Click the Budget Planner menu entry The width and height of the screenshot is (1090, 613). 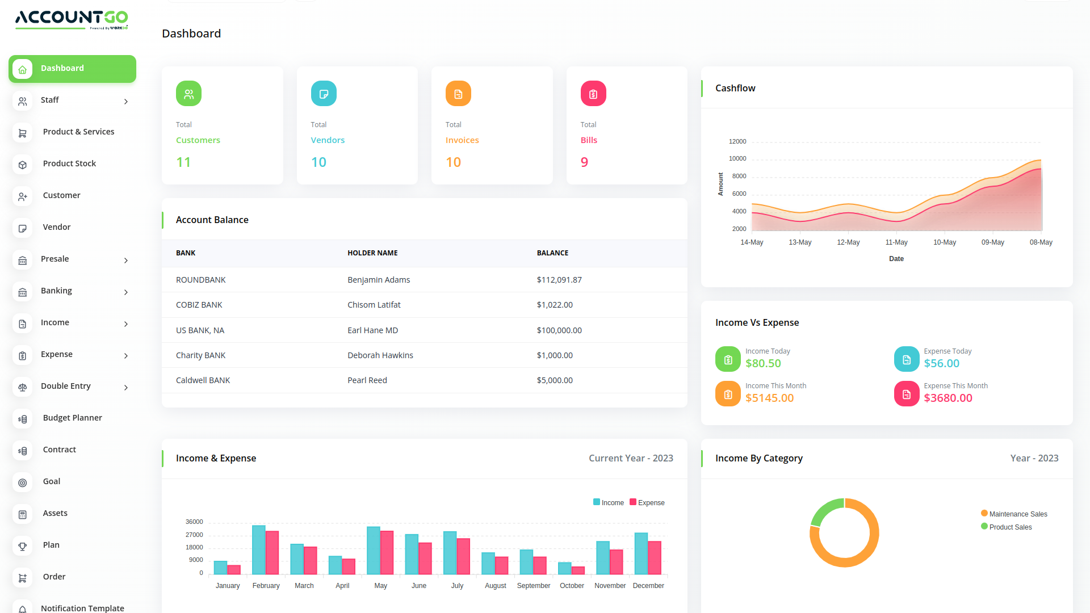[x=72, y=418]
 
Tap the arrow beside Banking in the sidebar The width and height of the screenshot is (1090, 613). [x=126, y=292]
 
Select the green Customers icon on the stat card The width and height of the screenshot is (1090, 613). [x=188, y=94]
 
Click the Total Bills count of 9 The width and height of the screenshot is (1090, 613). [x=584, y=162]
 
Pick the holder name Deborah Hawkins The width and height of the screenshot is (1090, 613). [x=380, y=355]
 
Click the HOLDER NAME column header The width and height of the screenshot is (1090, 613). [x=372, y=253]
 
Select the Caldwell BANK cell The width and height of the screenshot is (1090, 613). [x=203, y=380]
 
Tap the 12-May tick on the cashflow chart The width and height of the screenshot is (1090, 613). [x=848, y=242]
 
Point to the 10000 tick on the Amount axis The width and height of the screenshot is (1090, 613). [x=737, y=159]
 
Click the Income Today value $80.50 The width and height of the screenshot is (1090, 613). [x=763, y=363]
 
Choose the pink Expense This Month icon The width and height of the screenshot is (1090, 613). [x=906, y=394]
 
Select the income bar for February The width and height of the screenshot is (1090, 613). [x=259, y=549]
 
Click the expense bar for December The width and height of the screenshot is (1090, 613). [x=655, y=557]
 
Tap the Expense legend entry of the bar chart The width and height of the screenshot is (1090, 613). [x=647, y=503]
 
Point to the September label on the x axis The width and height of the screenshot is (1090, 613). [x=533, y=586]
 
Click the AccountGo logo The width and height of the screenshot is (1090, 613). [x=72, y=19]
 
